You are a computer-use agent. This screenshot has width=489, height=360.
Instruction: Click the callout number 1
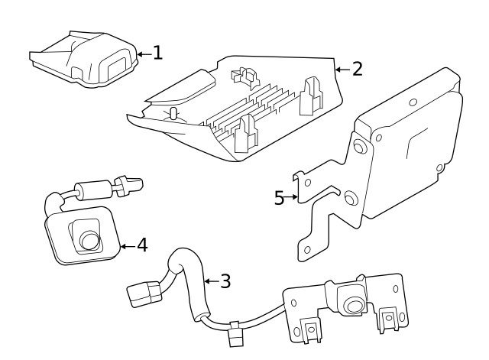click(157, 53)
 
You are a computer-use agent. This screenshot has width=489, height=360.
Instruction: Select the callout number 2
click(357, 69)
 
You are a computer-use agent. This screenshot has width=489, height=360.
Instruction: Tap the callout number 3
click(224, 281)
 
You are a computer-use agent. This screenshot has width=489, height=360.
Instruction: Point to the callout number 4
click(141, 246)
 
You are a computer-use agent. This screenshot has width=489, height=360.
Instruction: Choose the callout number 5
click(280, 198)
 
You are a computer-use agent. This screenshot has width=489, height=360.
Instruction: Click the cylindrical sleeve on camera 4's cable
click(89, 187)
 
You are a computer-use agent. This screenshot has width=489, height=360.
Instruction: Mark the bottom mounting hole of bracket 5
click(306, 250)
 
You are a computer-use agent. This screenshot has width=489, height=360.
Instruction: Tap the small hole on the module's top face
click(412, 102)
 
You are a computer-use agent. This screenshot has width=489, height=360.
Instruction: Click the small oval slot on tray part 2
click(173, 115)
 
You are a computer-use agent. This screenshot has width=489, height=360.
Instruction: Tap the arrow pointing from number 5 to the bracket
click(291, 198)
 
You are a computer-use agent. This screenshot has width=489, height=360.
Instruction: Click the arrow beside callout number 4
click(127, 246)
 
